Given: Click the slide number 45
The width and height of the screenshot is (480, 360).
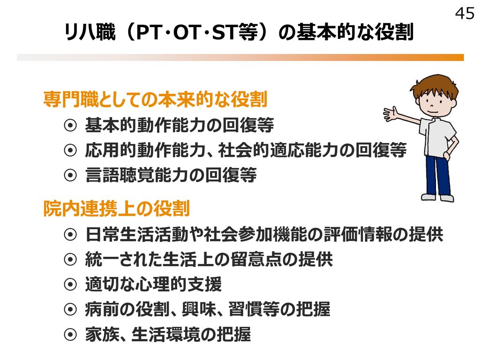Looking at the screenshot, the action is pyautogui.click(x=465, y=14).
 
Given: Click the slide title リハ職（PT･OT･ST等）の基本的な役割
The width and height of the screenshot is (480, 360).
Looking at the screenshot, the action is pyautogui.click(x=239, y=32).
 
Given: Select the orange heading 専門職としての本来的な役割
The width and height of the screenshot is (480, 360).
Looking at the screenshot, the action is pyautogui.click(x=156, y=99).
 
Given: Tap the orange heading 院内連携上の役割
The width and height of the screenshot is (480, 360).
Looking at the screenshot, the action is pyautogui.click(x=117, y=209).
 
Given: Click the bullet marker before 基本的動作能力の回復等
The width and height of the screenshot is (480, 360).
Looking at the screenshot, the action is pyautogui.click(x=70, y=125).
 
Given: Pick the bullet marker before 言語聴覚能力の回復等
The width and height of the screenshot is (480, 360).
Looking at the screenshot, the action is pyautogui.click(x=70, y=175).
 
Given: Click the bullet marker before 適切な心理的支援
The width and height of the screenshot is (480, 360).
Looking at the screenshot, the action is pyautogui.click(x=70, y=285).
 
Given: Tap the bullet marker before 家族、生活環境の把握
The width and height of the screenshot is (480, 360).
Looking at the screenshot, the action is pyautogui.click(x=70, y=334).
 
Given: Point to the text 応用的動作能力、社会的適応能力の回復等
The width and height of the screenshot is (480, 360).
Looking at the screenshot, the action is pyautogui.click(x=246, y=150).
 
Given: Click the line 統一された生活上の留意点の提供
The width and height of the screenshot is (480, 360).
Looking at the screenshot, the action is pyautogui.click(x=209, y=259).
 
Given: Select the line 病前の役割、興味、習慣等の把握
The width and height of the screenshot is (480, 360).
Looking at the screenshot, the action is pyautogui.click(x=208, y=309).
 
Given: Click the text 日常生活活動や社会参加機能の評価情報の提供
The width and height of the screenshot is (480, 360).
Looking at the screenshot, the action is pyautogui.click(x=264, y=234).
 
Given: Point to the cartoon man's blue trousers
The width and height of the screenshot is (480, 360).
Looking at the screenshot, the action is pyautogui.click(x=438, y=174).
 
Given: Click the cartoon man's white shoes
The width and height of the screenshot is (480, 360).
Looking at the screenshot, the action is pyautogui.click(x=437, y=197).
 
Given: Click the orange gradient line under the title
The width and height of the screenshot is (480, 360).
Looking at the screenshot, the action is pyautogui.click(x=240, y=58).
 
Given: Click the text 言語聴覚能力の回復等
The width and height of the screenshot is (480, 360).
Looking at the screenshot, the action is pyautogui.click(x=171, y=175).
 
